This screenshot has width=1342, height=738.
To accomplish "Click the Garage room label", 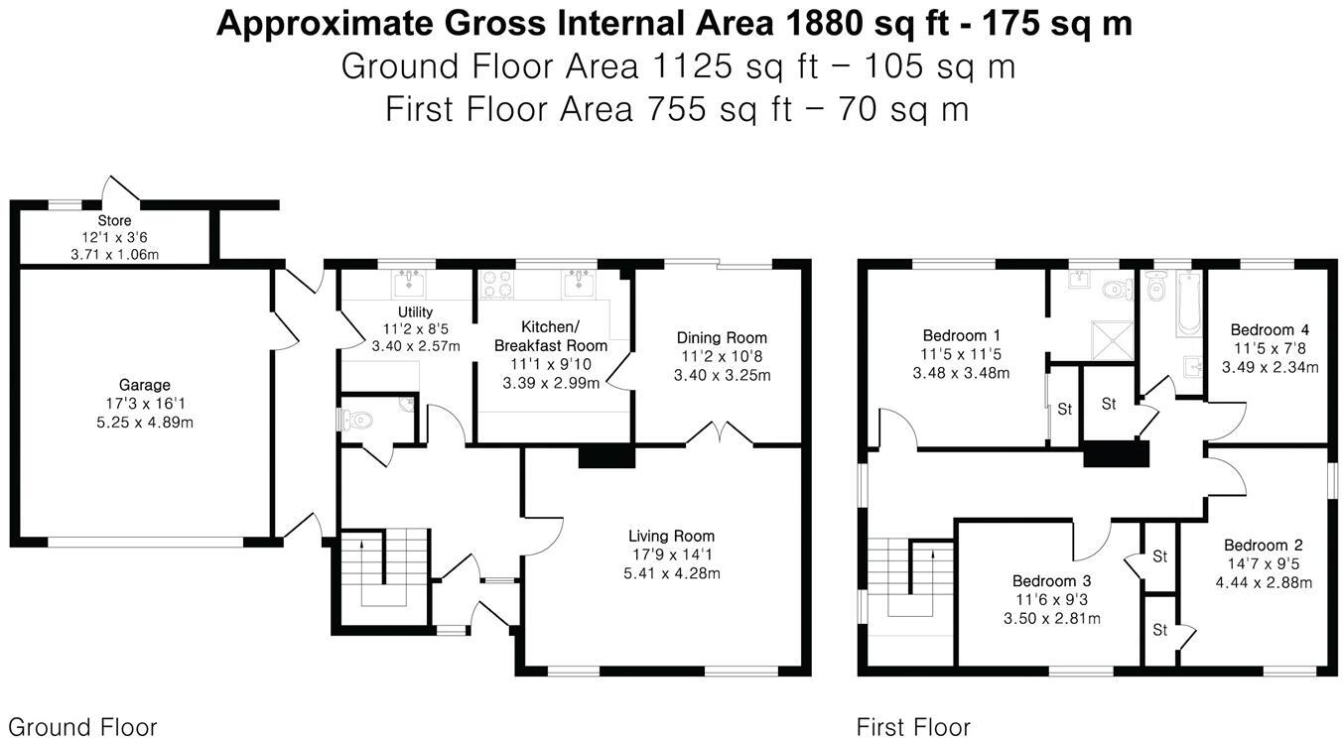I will click(x=145, y=385).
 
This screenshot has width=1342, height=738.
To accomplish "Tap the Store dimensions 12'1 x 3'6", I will click(x=114, y=238).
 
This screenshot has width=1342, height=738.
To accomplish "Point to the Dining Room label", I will click(x=722, y=338).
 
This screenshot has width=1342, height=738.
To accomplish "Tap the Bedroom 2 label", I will click(x=1263, y=546).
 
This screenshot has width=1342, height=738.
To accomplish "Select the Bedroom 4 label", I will click(x=1263, y=330).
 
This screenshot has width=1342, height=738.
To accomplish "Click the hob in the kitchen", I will click(x=495, y=285).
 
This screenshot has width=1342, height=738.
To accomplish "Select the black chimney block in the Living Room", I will click(x=605, y=456).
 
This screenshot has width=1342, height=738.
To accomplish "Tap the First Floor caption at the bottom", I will click(x=913, y=727).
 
